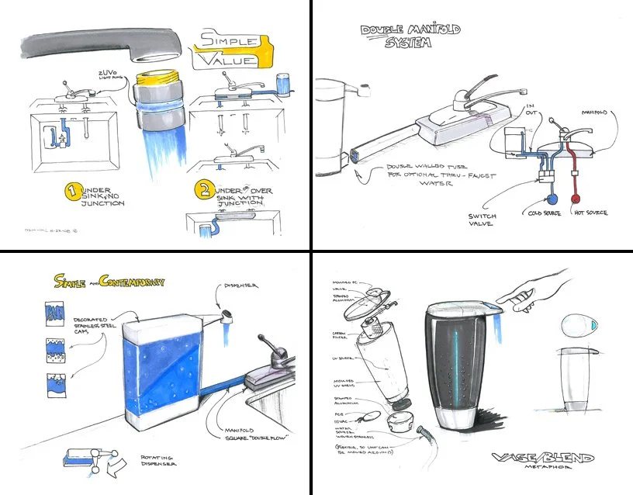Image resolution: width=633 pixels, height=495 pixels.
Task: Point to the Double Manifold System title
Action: (410, 35)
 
